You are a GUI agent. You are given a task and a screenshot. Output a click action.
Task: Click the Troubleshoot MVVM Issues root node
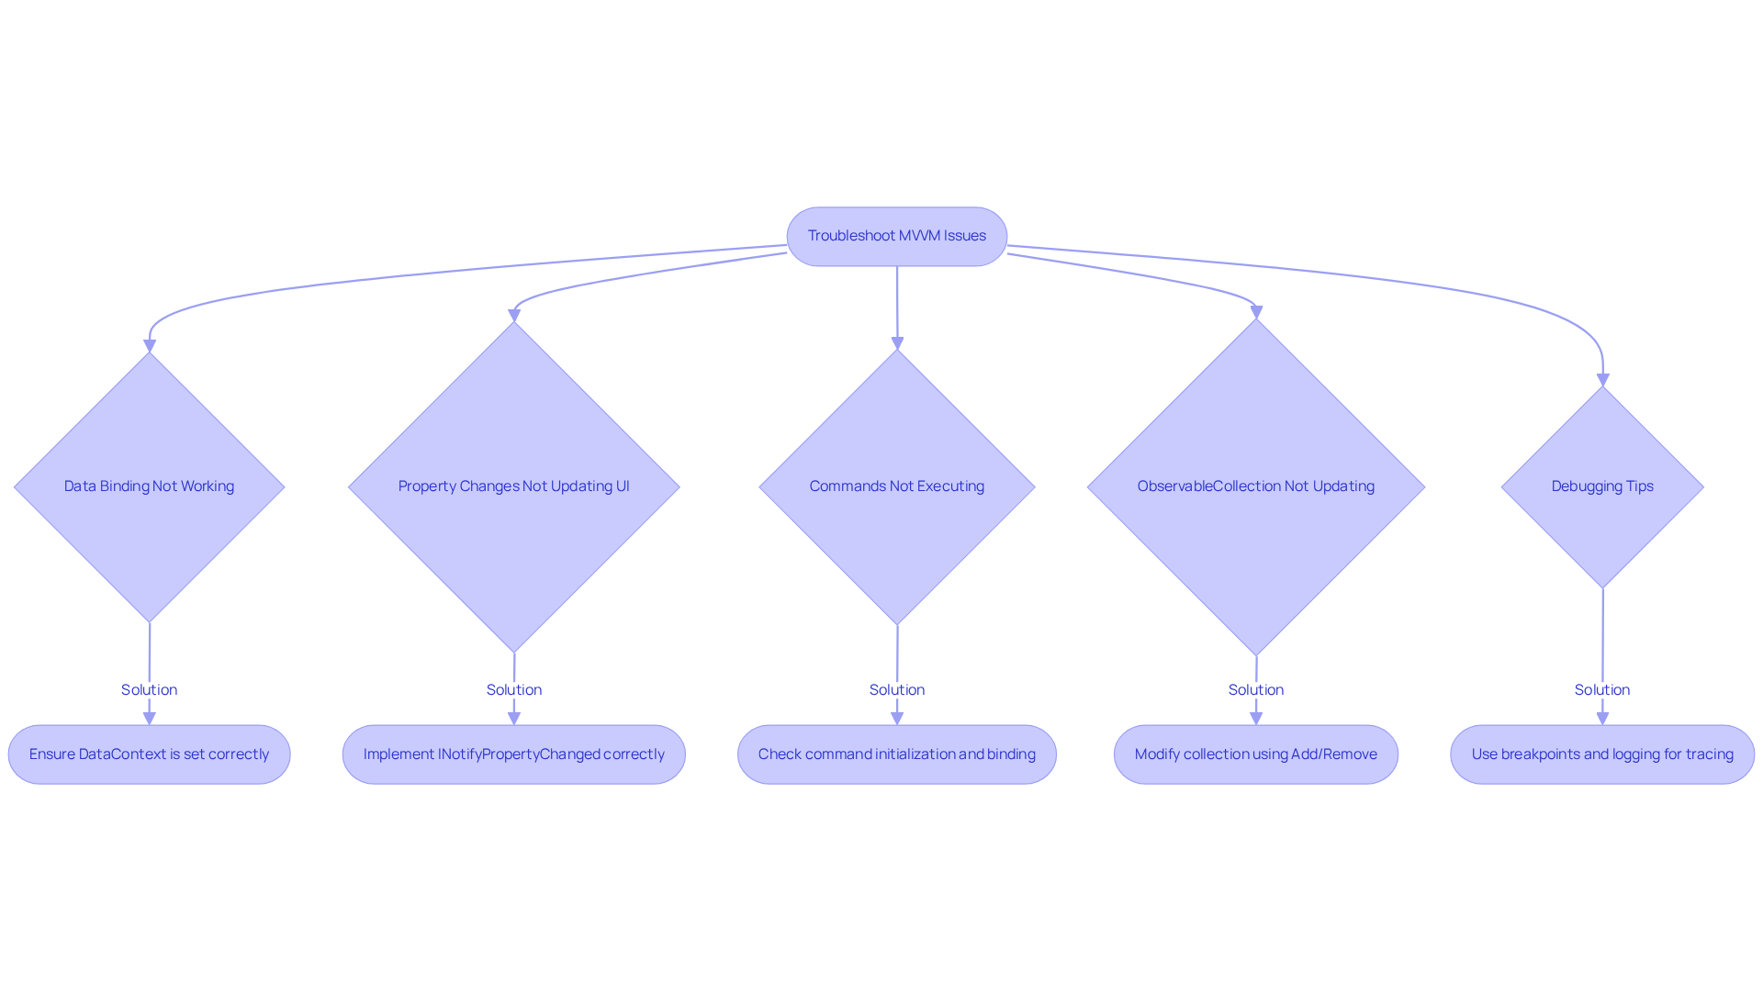[896, 236]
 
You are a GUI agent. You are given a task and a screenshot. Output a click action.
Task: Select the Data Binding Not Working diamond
[149, 486]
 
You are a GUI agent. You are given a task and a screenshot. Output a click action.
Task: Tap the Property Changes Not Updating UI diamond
[513, 486]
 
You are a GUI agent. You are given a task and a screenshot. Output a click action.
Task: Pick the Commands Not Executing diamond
[896, 486]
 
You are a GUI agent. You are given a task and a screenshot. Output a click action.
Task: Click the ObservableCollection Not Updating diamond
[1255, 486]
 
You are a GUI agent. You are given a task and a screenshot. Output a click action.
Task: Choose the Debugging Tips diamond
[1602, 486]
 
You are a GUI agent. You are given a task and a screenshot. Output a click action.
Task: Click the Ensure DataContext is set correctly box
[149, 754]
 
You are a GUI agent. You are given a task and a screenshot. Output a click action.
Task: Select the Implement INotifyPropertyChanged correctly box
[513, 754]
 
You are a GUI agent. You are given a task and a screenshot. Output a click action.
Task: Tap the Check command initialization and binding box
[896, 754]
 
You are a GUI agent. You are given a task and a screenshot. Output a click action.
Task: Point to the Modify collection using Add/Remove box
[1255, 754]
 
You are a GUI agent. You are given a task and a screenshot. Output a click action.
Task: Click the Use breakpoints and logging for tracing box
[1602, 754]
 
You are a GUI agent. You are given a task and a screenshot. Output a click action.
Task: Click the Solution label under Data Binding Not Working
[149, 690]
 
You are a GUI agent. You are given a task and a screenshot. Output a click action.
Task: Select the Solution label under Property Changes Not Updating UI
[513, 690]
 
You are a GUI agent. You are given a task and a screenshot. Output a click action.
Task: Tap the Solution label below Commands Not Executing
[896, 690]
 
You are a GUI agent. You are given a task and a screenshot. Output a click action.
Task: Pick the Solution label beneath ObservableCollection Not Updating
[1255, 690]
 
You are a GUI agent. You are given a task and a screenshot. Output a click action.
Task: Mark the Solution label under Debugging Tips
[1602, 690]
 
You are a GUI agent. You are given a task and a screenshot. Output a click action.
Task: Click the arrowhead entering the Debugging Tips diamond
[1602, 380]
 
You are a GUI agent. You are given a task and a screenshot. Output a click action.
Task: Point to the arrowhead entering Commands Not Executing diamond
[897, 343]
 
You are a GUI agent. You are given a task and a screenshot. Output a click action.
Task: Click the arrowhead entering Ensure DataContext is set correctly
[149, 719]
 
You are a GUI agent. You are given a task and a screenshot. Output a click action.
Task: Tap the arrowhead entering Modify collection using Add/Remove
[1255, 719]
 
